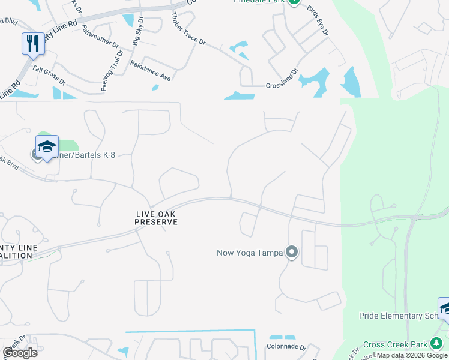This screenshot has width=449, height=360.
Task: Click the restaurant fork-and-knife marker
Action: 33,43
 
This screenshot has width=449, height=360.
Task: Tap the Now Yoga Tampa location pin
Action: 292,252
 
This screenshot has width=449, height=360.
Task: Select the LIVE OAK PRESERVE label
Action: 155,218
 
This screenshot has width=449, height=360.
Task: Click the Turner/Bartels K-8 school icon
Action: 47,146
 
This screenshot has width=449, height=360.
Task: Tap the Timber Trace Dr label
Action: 188,29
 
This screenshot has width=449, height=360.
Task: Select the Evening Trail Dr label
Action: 112,71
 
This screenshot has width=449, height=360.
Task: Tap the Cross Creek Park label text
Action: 395,344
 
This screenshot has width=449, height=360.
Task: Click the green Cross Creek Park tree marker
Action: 437,344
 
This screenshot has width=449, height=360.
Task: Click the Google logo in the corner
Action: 20,353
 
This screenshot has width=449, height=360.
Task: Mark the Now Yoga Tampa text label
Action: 249,253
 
